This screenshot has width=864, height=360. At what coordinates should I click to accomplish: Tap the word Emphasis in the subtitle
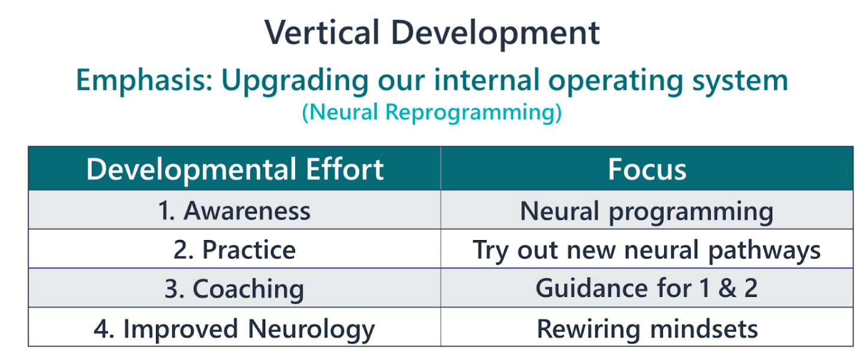point(144,81)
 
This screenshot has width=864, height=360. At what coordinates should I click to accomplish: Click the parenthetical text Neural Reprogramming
point(432,112)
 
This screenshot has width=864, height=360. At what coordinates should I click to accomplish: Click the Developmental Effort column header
point(235,169)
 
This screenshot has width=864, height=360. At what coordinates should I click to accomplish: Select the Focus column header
point(647,169)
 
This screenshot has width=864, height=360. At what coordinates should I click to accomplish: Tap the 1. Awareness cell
point(235,211)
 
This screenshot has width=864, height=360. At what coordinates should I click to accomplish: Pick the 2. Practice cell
point(235,250)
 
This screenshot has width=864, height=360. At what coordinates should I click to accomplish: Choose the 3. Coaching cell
point(235,289)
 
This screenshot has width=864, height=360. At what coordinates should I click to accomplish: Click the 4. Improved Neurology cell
point(235,329)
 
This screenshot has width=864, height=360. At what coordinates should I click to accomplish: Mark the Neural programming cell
point(647,211)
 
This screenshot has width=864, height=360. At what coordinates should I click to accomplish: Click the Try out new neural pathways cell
point(647,250)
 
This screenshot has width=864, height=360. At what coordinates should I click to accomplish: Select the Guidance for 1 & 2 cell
point(647,288)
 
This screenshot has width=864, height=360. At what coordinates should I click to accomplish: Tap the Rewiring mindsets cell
point(647,329)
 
